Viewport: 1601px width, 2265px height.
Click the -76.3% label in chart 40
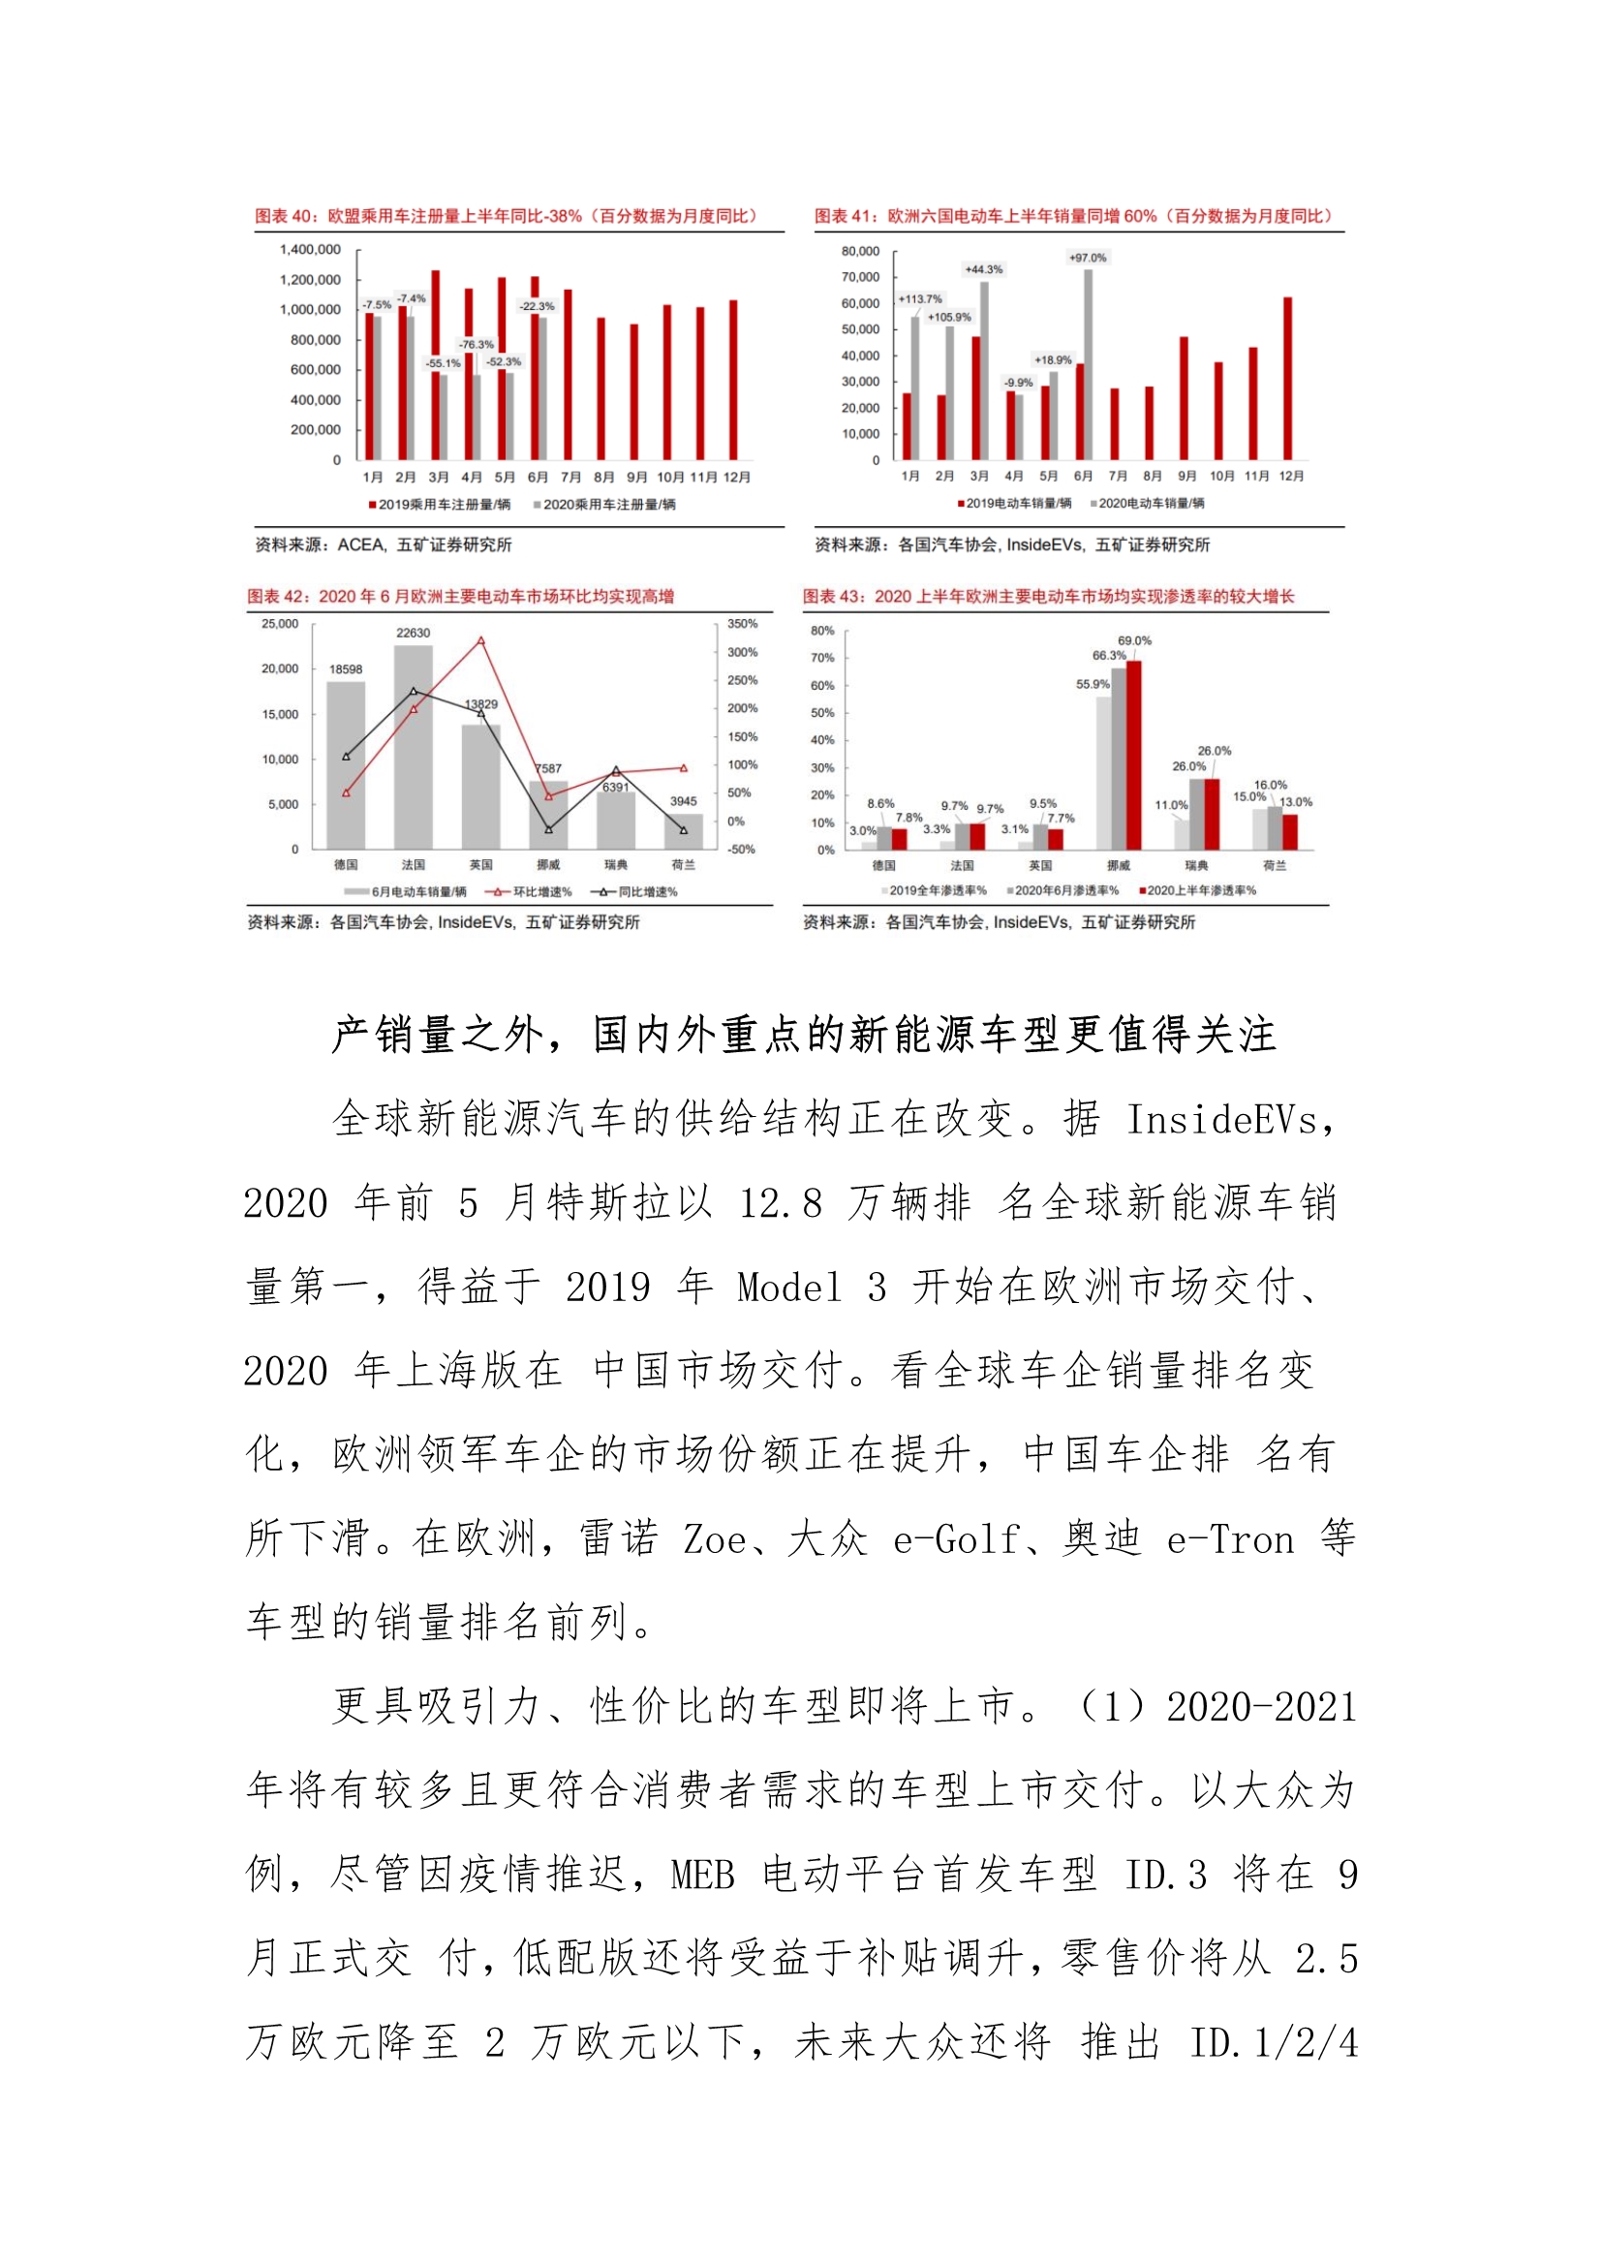click(476, 344)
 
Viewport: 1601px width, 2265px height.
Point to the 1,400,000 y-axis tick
click(311, 250)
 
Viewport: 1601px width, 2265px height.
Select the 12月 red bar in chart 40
click(733, 380)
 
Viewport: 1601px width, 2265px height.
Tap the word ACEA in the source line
click(359, 544)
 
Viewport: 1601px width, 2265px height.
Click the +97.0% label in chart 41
click(1087, 258)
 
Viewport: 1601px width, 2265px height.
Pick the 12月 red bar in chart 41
click(1287, 378)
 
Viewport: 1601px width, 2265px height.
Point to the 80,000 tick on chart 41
click(860, 251)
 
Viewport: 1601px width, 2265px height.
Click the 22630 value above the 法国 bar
click(414, 633)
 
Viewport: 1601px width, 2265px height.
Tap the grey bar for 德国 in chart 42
click(345, 764)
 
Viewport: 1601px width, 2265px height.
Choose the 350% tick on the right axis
click(742, 624)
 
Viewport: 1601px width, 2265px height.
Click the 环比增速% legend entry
click(529, 892)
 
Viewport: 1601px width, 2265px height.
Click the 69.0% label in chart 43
click(1134, 640)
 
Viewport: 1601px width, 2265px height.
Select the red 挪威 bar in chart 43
click(1134, 755)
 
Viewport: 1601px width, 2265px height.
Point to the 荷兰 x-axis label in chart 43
click(1275, 865)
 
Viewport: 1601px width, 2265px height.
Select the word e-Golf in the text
click(956, 1540)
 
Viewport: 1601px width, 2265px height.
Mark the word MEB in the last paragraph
click(702, 1876)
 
